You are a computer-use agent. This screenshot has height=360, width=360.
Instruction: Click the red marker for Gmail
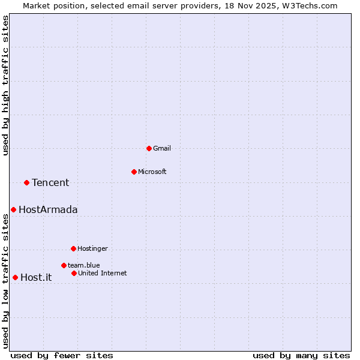click(x=149, y=148)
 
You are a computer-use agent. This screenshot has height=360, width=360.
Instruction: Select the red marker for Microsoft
click(x=134, y=172)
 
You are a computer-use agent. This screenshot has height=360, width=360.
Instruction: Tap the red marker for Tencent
click(x=26, y=182)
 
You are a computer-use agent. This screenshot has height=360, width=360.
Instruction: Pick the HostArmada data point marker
click(x=13, y=209)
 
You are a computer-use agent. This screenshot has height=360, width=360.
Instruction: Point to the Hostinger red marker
click(x=73, y=248)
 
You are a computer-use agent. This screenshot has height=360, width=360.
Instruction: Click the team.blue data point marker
click(x=64, y=265)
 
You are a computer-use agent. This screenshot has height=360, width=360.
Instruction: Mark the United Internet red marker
click(x=74, y=273)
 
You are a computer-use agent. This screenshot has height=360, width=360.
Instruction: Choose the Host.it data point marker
click(x=15, y=277)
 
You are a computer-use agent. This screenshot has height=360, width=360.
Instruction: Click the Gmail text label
click(x=162, y=148)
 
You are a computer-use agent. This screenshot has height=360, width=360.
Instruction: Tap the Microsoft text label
click(x=152, y=172)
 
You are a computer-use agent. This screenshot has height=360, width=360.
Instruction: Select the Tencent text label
click(x=50, y=182)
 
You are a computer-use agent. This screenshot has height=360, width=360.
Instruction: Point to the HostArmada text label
click(x=48, y=209)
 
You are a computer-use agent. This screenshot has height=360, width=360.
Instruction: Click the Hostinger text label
click(x=93, y=248)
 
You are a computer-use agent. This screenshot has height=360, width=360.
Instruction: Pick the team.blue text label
click(x=84, y=265)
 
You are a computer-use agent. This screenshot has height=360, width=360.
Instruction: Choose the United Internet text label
click(x=103, y=273)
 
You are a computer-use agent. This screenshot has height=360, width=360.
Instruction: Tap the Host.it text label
click(x=36, y=277)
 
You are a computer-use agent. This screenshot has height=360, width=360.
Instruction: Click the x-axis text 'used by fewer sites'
click(x=62, y=355)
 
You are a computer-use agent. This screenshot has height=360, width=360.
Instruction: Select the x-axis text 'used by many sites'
click(x=301, y=355)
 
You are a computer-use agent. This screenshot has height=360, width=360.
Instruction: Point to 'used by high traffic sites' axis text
click(x=5, y=85)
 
